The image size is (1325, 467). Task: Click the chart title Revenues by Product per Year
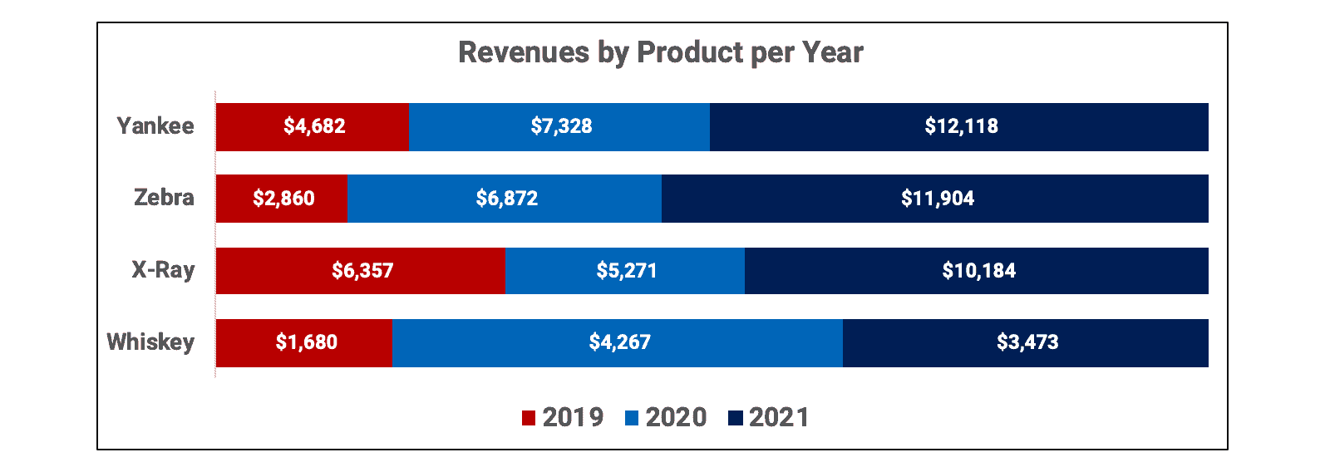click(661, 52)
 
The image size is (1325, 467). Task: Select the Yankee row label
click(155, 126)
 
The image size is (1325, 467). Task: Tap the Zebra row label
click(164, 198)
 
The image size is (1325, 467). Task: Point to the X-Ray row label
click(163, 270)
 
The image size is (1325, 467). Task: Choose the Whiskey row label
click(150, 342)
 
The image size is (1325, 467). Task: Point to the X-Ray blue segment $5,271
click(625, 271)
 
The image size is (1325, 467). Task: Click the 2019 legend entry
click(563, 417)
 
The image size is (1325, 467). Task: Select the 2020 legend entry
click(666, 417)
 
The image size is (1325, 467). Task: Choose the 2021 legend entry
click(769, 417)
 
